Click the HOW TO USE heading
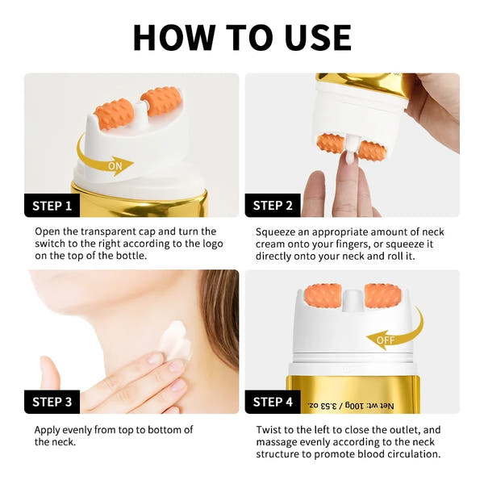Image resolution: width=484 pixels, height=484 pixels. coord(242,37)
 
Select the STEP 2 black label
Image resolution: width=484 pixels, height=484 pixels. coord(273,205)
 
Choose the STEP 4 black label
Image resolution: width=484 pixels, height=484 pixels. coord(273,401)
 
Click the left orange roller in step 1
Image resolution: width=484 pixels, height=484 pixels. coord(114,114)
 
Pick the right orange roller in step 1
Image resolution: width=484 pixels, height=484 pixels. coord(161,101)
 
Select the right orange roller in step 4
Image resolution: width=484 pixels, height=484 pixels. coord(383,295)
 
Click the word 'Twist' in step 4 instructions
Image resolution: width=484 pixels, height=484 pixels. coord(269,430)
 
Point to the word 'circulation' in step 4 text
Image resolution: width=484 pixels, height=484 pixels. coord(413,453)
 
